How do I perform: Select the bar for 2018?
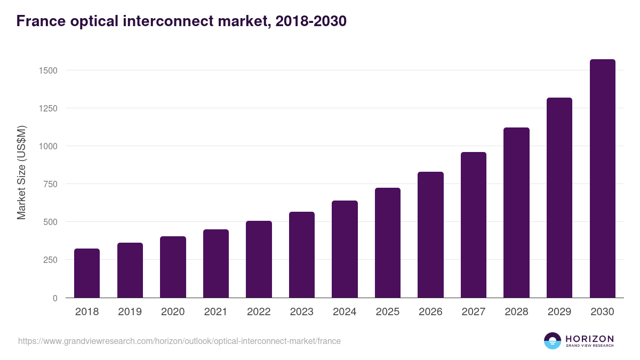pos(87,273)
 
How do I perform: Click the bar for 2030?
pos(602,179)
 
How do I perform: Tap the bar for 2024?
pos(345,249)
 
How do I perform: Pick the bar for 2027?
pos(473,225)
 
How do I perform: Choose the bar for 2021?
pos(216,263)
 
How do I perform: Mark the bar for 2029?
pos(559,198)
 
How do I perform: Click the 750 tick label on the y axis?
pos(50,184)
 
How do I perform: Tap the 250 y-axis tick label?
pos(50,260)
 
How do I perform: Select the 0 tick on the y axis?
pos(55,298)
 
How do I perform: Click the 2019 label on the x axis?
pos(130,312)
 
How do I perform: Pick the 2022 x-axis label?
pos(259,312)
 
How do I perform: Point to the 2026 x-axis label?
pos(430,312)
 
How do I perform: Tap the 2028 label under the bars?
pos(516,312)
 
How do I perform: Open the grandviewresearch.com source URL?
pos(179,341)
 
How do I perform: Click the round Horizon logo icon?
pos(553,341)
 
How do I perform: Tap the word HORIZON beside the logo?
pos(589,338)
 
